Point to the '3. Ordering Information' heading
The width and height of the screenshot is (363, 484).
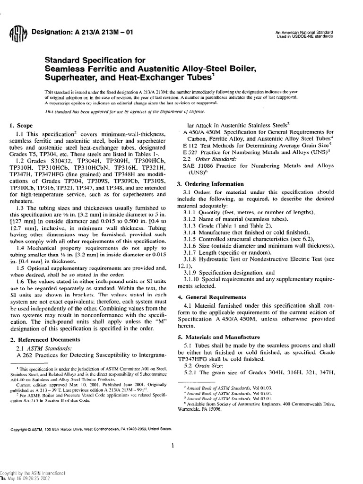pos(206,183)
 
